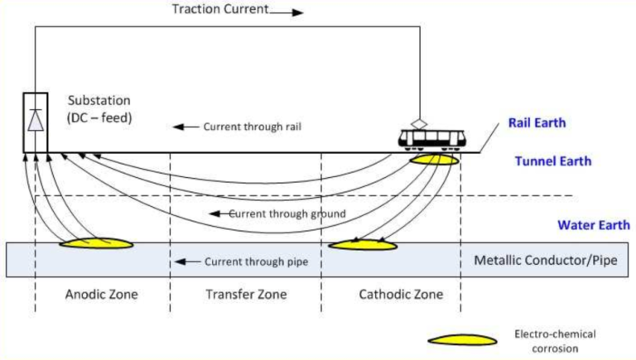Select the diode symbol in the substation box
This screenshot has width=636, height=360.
pos(35,121)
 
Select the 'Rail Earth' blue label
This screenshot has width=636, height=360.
pos(537,123)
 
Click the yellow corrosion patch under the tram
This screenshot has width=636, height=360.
pos(434,159)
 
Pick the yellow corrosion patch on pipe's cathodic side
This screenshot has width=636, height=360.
pos(363,245)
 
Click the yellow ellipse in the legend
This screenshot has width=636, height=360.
pos(462,339)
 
